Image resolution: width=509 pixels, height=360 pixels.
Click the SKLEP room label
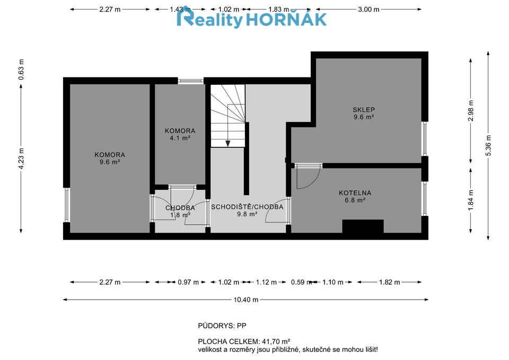[364, 110]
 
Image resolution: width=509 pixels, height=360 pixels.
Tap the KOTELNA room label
[355, 193]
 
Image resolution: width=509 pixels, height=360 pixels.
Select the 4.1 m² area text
[180, 138]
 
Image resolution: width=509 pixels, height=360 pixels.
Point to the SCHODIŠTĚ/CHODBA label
[247, 207]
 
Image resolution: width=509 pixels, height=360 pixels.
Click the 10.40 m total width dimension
[246, 300]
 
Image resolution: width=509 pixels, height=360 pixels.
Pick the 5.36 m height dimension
[488, 145]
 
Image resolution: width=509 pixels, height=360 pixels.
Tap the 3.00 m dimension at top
[368, 10]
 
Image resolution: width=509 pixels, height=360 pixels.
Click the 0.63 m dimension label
[21, 69]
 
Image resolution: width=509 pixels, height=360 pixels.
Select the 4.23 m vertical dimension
[21, 159]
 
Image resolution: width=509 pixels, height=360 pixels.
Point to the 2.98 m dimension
[471, 111]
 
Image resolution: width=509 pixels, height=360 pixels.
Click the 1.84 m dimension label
[471, 200]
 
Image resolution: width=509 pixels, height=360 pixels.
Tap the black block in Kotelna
[363, 226]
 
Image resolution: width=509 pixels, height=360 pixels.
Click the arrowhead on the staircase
[228, 144]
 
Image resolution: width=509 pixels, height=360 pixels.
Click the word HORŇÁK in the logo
[286, 20]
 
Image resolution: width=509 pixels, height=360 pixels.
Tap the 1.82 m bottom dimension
[390, 282]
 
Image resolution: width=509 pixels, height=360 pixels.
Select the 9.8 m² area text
[247, 214]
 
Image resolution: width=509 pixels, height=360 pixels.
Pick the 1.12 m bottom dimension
[266, 282]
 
